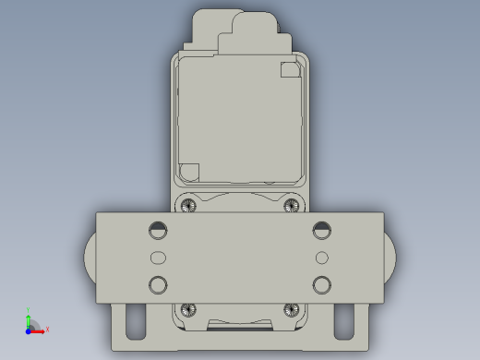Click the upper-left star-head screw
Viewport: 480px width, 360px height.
tap(189, 204)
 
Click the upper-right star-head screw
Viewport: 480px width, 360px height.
tap(293, 204)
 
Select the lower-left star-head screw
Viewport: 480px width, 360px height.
tap(189, 309)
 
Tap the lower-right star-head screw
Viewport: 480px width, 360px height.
tap(293, 309)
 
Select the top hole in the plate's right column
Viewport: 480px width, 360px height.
tap(321, 229)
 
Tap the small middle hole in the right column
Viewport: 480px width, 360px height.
tap(321, 257)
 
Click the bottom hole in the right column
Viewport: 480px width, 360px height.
tap(321, 283)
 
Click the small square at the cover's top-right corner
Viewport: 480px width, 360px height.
tap(289, 68)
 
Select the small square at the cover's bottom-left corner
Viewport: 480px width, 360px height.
tap(189, 172)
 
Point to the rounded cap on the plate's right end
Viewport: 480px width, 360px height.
tap(391, 258)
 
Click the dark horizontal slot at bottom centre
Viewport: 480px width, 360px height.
tap(241, 325)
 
